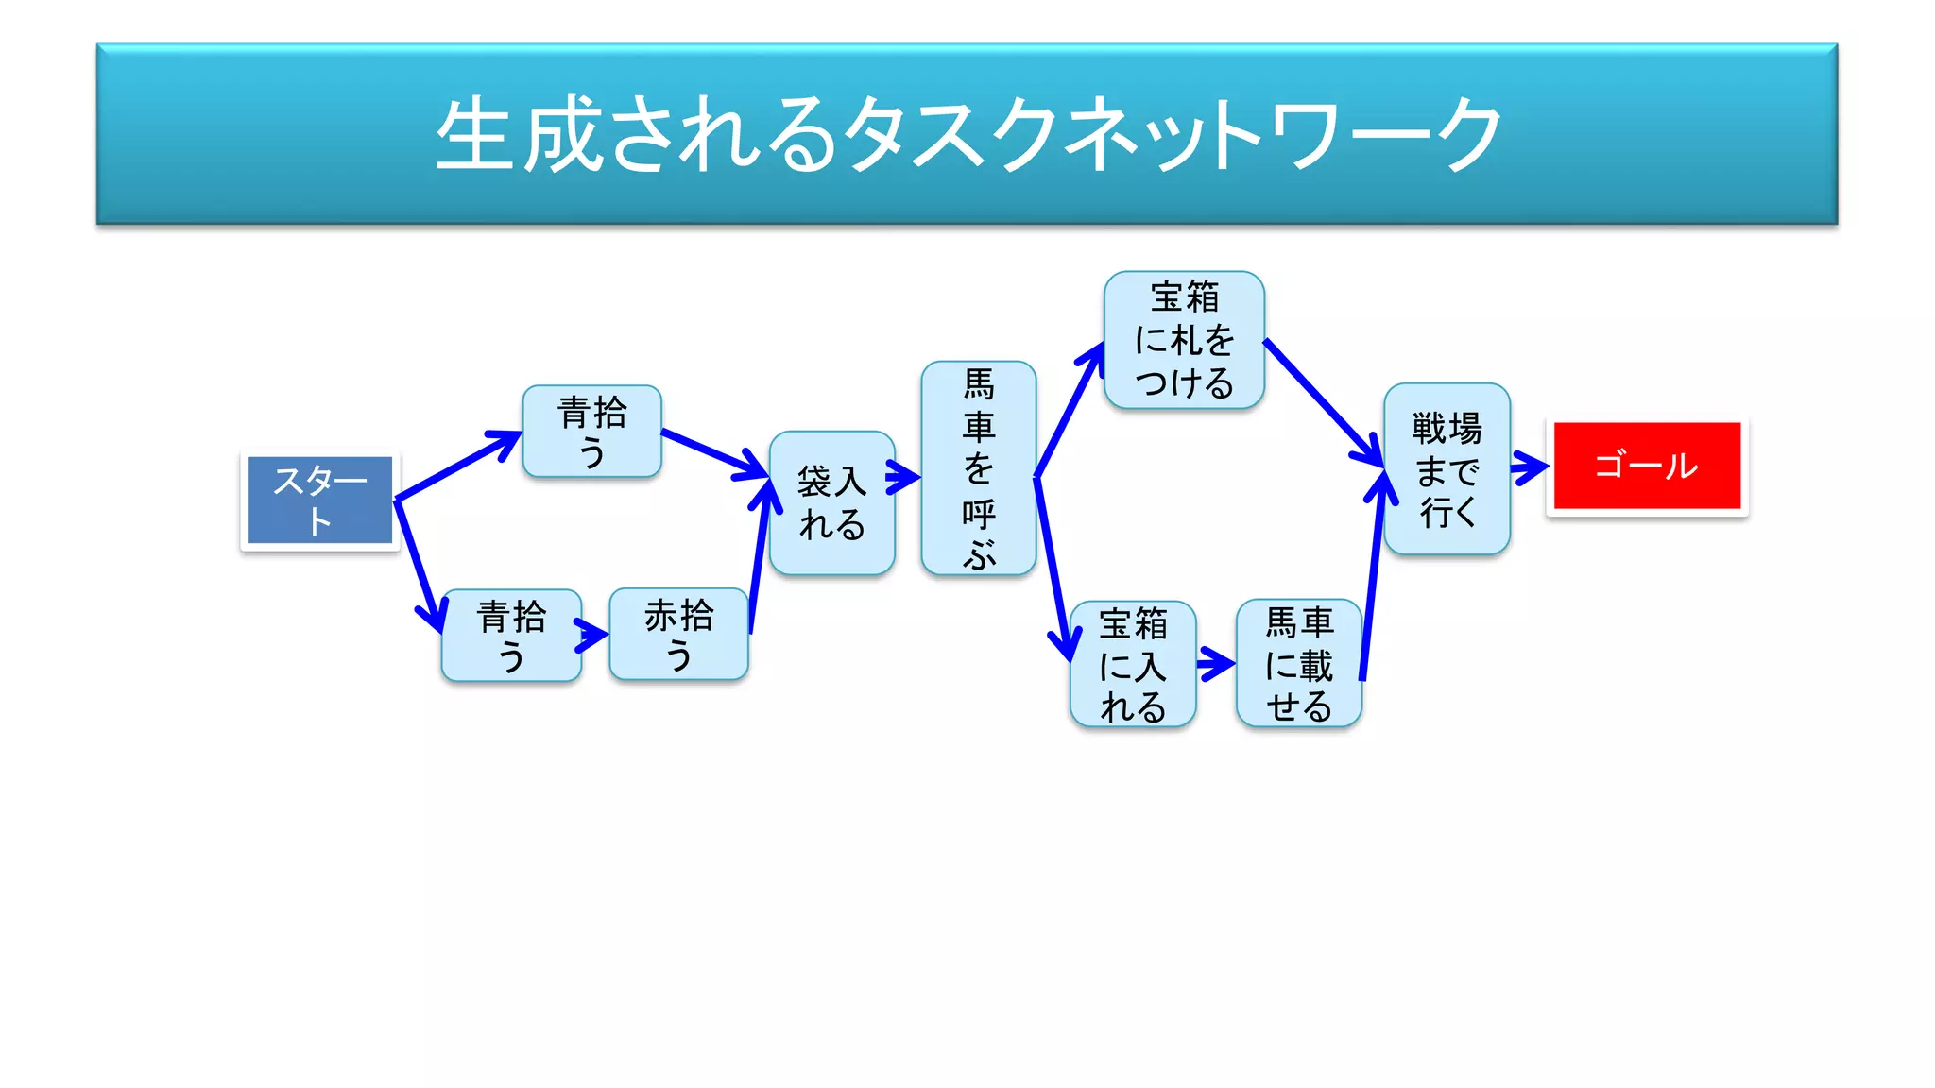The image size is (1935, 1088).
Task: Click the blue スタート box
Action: (319, 500)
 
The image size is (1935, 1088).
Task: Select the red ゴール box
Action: (1647, 466)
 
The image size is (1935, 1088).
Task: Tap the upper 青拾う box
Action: (591, 432)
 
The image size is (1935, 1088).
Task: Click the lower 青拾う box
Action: (511, 636)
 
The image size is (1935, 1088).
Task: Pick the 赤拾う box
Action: (678, 634)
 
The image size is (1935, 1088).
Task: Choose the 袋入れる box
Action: (831, 502)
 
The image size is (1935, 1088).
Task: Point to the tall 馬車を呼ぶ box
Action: (978, 468)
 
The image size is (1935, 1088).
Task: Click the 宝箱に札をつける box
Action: (1184, 340)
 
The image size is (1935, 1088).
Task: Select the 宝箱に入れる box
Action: (1133, 664)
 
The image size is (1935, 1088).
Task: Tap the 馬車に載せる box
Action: (1299, 663)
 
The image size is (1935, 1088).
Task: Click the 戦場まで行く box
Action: (1447, 468)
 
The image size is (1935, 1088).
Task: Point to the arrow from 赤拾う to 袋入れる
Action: (760, 557)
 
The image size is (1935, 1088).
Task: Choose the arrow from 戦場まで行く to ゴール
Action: (1529, 467)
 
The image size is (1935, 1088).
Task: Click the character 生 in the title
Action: (475, 135)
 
